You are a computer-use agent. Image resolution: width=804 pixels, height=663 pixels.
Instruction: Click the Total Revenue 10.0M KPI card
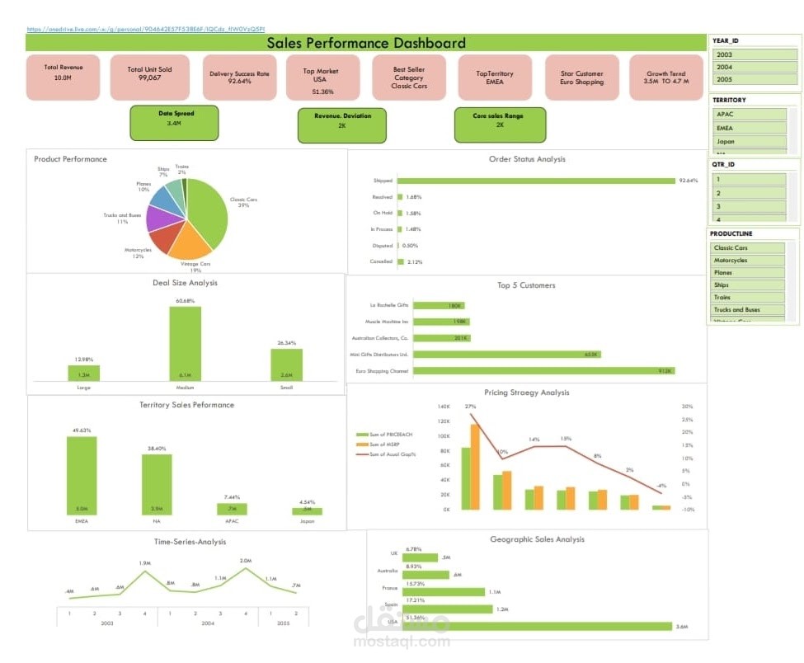coord(63,78)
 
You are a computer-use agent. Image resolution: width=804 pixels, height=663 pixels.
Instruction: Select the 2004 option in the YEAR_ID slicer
coord(755,68)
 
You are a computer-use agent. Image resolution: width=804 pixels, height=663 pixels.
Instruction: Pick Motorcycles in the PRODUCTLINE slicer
coord(749,261)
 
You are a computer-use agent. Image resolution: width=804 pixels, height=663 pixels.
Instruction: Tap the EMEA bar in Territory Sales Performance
coord(82,475)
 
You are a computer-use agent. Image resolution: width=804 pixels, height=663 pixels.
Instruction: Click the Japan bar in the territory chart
coord(307,511)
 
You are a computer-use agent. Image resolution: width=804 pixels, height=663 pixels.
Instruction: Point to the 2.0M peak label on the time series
coord(246,561)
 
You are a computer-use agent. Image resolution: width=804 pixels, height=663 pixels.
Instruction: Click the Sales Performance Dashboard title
coord(366,43)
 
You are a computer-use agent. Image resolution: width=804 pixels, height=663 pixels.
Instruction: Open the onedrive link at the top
coord(145,29)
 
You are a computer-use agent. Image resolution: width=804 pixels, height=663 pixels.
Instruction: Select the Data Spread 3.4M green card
coord(174,123)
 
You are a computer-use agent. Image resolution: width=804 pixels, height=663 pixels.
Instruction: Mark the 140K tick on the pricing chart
coord(444,407)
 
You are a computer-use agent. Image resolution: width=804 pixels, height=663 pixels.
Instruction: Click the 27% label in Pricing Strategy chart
coord(470,407)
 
